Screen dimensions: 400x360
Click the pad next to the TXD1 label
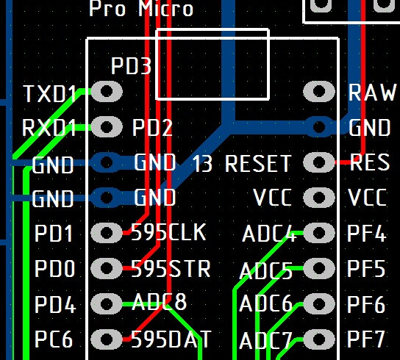[x=107, y=91]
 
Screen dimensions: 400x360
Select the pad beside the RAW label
[x=319, y=91]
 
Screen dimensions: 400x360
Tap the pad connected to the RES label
[x=319, y=162]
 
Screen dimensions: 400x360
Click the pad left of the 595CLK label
[x=107, y=232]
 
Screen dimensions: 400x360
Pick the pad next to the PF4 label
[x=319, y=232]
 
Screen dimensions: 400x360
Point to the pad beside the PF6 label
[x=319, y=303]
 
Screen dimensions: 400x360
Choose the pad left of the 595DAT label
[x=107, y=339]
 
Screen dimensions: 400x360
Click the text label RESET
[x=258, y=163]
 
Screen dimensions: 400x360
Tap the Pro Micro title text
[x=141, y=8]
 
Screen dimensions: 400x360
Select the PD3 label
[x=131, y=65]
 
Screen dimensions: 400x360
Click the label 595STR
[x=171, y=269]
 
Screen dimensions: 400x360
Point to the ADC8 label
[x=160, y=301]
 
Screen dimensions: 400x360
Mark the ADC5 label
[x=266, y=271]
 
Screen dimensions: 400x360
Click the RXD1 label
[x=49, y=128]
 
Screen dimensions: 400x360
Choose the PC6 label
[x=54, y=339]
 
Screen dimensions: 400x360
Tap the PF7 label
[x=366, y=339]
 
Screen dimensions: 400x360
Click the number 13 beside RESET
[x=202, y=163]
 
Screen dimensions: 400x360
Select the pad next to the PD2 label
[x=107, y=126]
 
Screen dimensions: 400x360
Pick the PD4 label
[x=55, y=304]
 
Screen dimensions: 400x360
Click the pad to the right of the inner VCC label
[x=319, y=198]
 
